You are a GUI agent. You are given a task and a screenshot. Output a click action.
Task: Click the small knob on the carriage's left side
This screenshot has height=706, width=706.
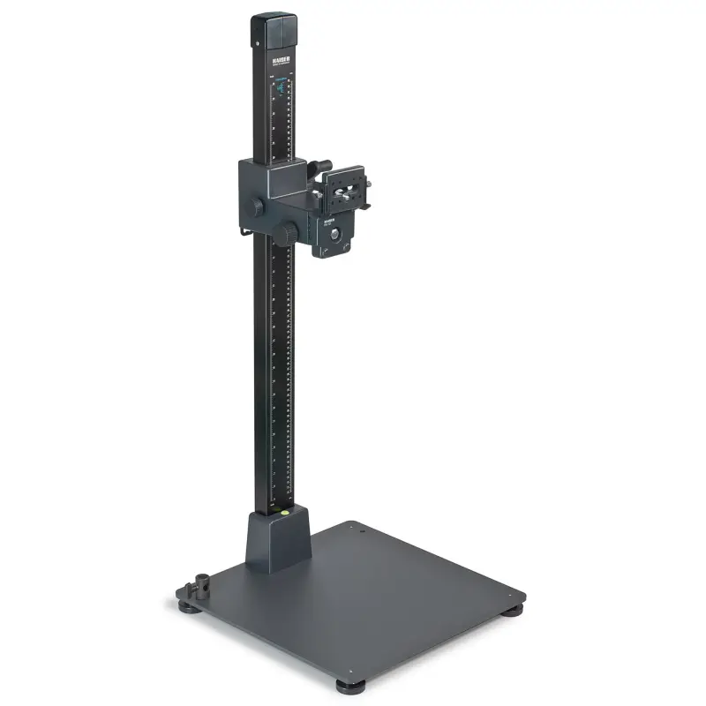256,206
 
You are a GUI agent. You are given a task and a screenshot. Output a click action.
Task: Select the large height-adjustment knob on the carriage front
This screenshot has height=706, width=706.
290,233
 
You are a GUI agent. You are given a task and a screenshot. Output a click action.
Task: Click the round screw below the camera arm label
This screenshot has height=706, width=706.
334,230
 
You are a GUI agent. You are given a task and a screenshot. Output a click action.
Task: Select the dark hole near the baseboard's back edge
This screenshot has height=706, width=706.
350,527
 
